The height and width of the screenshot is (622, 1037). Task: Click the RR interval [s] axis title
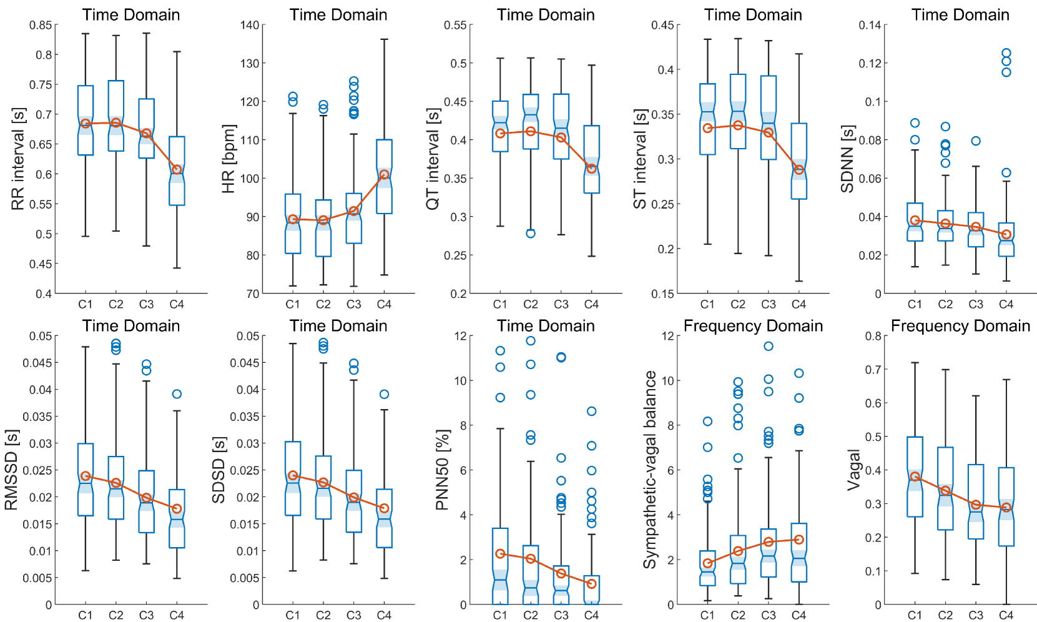pos(18,159)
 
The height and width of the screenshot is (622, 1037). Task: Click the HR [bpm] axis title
pos(229,159)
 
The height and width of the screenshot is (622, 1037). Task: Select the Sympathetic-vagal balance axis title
pos(650,470)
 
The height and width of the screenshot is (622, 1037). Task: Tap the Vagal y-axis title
pos(853,470)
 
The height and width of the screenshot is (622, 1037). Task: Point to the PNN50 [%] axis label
pos(443,470)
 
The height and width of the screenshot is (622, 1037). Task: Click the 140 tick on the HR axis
pos(250,25)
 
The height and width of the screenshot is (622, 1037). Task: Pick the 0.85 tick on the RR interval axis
pos(41,25)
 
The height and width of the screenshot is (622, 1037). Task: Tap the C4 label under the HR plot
pos(384,304)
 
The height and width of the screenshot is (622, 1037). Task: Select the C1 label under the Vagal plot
pos(915,615)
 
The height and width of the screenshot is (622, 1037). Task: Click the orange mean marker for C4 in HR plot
pos(384,175)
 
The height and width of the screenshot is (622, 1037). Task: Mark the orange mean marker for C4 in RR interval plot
pos(177,169)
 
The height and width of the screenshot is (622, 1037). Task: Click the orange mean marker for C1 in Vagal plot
pos(915,476)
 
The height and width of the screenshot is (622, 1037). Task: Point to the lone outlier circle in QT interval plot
pos(531,234)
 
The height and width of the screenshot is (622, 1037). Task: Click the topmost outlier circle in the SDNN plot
pos(1006,53)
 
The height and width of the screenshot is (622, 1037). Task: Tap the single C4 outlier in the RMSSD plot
pos(177,394)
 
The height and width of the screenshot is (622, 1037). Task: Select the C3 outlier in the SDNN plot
pos(976,141)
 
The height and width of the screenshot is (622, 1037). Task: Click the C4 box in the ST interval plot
pos(799,161)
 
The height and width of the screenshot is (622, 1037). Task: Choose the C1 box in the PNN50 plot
pos(500,566)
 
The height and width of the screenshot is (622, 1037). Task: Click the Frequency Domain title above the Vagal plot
pos(960,326)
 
